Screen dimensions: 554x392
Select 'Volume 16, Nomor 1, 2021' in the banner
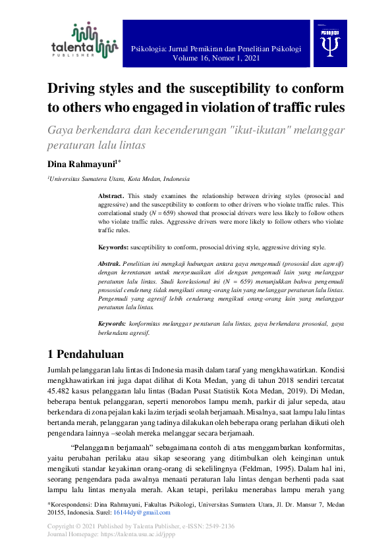216,58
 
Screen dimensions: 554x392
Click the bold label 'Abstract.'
111,196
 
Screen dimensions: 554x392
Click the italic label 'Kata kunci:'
112,324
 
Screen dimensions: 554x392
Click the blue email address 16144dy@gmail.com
132,511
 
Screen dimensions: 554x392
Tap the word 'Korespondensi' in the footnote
73,503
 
